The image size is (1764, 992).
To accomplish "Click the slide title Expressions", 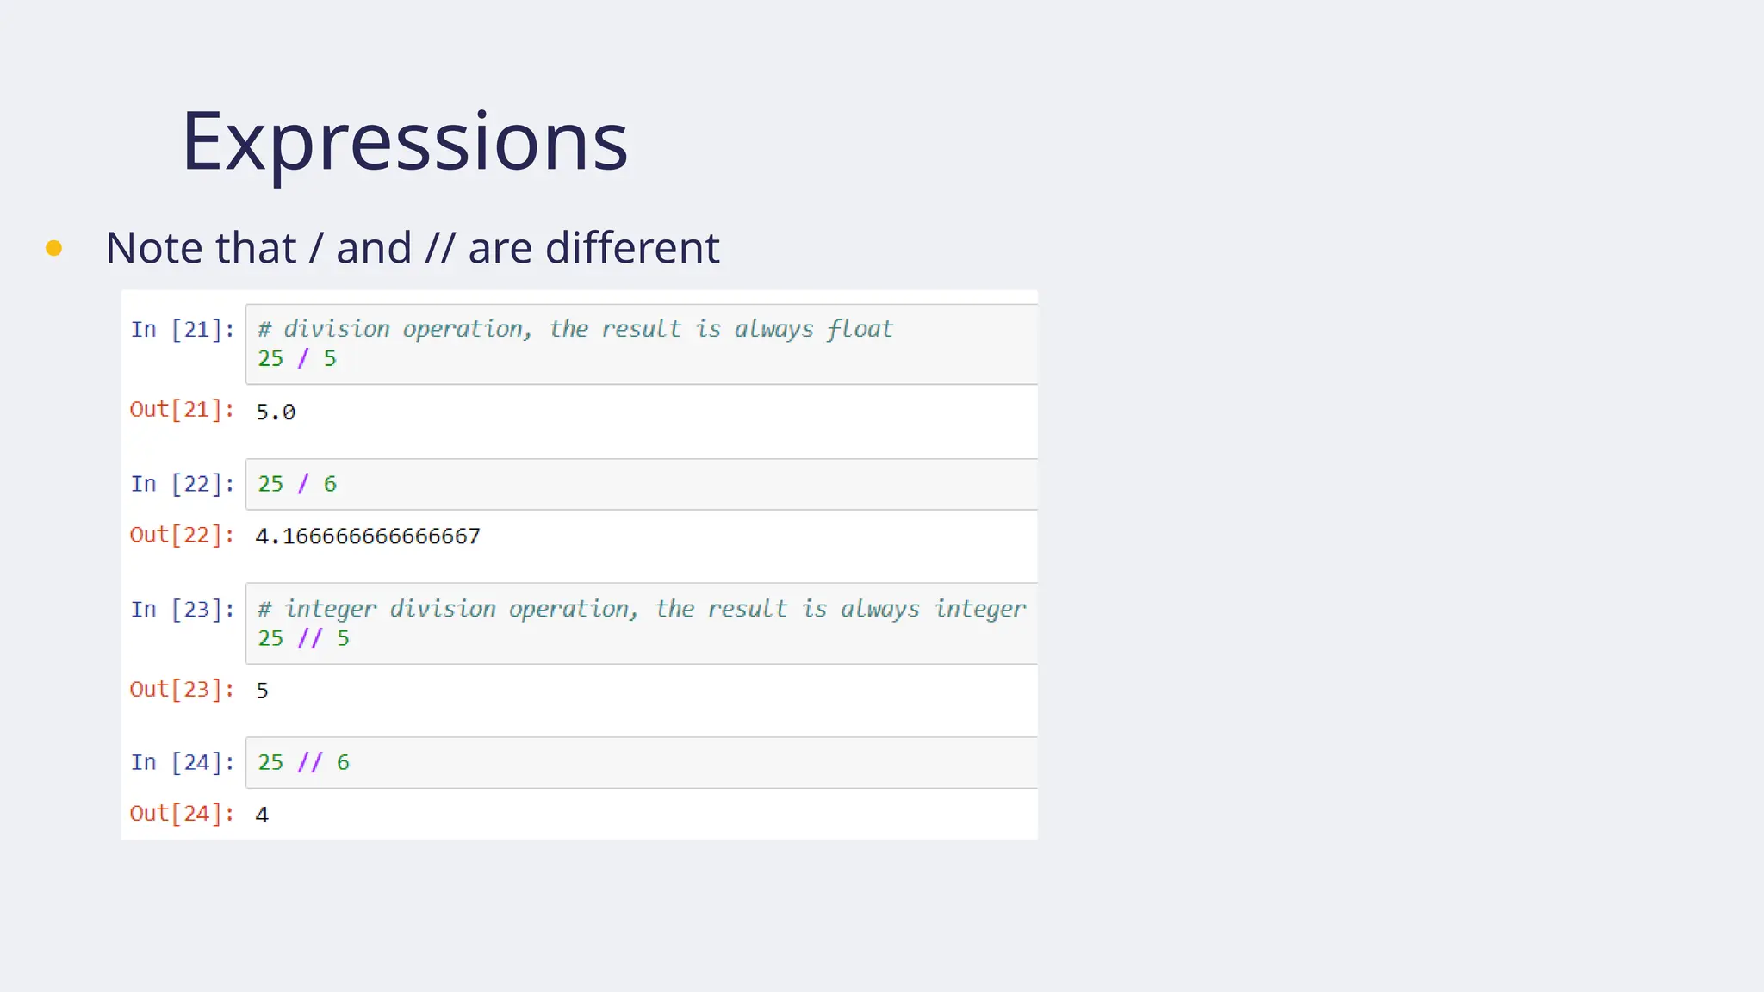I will point(404,141).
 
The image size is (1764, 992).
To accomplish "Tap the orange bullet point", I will point(53,248).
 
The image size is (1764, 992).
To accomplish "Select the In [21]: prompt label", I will point(183,329).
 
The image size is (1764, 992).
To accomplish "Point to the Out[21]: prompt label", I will point(182,409).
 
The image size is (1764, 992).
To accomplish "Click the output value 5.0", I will point(276,412).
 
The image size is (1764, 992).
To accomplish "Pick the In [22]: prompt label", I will point(183,484).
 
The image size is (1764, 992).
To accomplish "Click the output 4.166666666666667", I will point(368,536).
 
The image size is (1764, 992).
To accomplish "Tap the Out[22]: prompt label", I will point(182,535).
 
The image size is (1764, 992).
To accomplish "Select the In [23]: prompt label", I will point(183,610).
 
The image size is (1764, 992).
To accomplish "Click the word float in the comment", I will point(860,329).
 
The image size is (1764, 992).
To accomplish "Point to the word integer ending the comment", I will point(980,609).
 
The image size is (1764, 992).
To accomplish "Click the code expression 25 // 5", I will point(303,638).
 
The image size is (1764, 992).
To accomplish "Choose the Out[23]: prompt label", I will point(182,689).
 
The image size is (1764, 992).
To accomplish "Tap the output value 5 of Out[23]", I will point(262,691).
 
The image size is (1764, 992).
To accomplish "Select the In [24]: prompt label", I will point(183,762).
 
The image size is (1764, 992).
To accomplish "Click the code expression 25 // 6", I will point(303,762).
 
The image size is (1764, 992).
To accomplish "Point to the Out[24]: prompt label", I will point(182,813).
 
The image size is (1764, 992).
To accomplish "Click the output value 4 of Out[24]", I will point(262,815).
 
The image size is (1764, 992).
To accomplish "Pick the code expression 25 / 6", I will point(297,484).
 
